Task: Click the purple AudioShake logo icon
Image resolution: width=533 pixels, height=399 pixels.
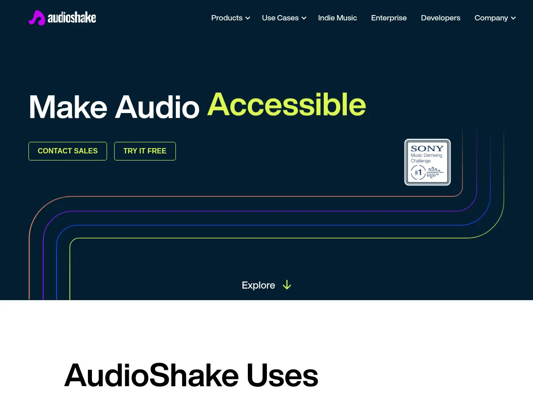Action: click(37, 18)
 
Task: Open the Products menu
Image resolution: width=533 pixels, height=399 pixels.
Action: click(227, 18)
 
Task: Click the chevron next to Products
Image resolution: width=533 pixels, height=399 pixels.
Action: click(248, 18)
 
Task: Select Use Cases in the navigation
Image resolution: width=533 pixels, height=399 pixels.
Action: click(280, 18)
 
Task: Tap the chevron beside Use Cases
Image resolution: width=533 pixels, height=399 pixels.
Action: click(304, 18)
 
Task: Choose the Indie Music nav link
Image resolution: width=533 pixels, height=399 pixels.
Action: click(338, 18)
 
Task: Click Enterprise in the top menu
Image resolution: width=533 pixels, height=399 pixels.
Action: click(389, 18)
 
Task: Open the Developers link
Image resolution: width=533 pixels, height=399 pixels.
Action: click(441, 18)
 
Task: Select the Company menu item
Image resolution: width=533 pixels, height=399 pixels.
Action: click(491, 18)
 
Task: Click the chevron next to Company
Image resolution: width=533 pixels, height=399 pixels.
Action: click(513, 18)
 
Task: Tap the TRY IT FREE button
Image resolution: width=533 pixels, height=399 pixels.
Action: click(145, 151)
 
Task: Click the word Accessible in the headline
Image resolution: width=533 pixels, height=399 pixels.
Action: click(286, 105)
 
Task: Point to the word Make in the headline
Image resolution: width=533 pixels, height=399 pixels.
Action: click(68, 107)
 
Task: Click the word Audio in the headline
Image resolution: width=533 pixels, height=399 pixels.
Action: click(157, 107)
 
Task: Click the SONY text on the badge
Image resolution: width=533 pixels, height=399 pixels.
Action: click(427, 149)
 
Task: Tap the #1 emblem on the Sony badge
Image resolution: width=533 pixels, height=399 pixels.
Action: click(418, 172)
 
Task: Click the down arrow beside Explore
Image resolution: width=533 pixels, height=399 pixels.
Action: click(287, 285)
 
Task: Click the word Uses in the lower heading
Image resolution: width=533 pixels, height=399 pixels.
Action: click(282, 375)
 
